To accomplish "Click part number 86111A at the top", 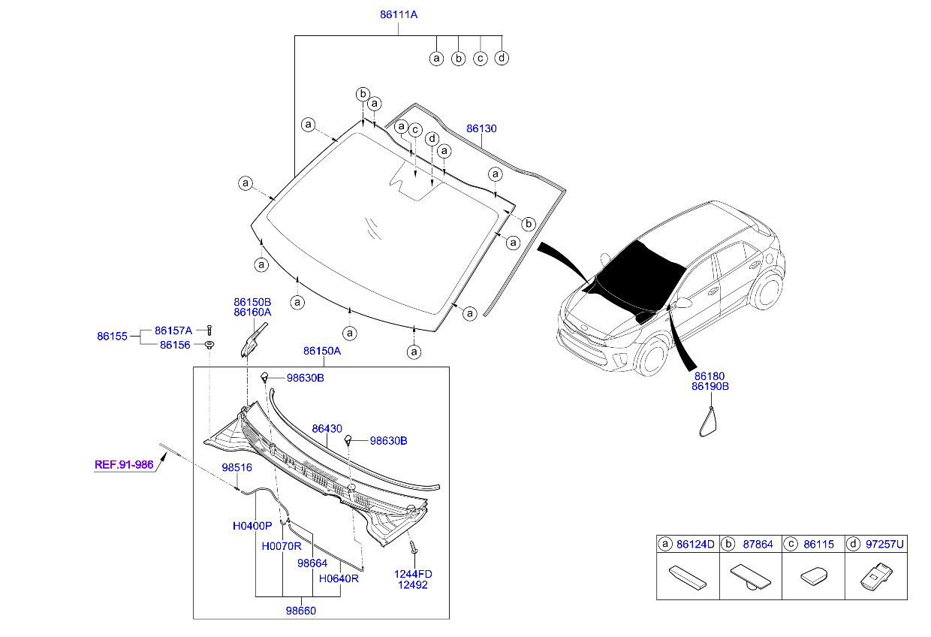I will point(399,14).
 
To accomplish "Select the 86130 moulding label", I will point(481,128).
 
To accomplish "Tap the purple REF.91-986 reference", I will point(124,464).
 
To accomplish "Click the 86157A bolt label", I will point(173,331).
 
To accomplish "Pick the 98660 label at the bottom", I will point(300,611).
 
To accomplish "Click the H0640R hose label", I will point(339,579).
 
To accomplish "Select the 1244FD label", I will point(413,574).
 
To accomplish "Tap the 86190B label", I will point(710,387).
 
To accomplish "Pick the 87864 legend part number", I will point(757,543).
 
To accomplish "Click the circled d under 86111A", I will point(502,58).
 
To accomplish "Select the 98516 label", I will point(237,467).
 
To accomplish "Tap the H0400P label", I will point(252,527).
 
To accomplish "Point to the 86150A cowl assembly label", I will point(322,351).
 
